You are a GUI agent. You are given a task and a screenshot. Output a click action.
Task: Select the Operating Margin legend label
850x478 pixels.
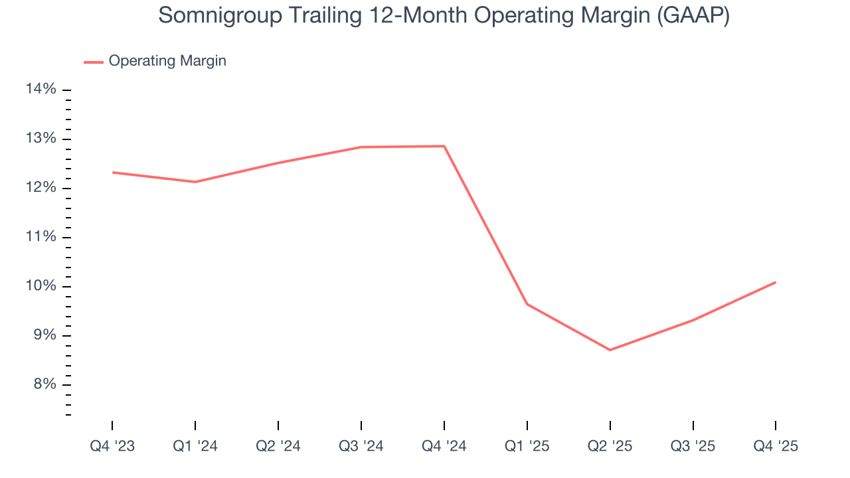[167, 61]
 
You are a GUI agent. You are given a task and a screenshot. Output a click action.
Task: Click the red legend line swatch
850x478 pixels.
[94, 62]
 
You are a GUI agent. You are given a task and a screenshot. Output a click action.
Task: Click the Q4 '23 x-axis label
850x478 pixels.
[112, 446]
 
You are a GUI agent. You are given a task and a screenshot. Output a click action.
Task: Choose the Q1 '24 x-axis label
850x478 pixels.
[195, 446]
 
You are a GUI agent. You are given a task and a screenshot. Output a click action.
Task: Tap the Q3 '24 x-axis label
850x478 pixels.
[361, 446]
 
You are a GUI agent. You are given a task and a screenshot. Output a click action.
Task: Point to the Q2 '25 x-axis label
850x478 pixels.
[610, 446]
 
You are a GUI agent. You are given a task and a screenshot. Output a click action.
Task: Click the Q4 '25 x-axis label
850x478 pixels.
[776, 446]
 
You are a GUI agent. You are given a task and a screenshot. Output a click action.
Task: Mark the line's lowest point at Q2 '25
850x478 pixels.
[610, 350]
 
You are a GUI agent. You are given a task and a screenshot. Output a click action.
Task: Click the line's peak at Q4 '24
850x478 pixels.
[444, 146]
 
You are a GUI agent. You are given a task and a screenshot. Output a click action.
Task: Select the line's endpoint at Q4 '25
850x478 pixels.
[776, 282]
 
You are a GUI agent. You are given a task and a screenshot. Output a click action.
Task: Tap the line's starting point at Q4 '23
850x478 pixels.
[112, 173]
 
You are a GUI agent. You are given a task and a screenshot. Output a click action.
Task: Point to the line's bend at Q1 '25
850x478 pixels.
[527, 304]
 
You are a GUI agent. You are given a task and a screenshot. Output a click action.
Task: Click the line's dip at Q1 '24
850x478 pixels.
[195, 182]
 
